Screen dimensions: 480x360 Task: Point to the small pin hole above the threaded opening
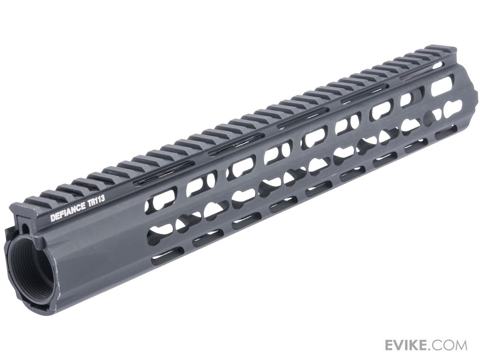point(26,228)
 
